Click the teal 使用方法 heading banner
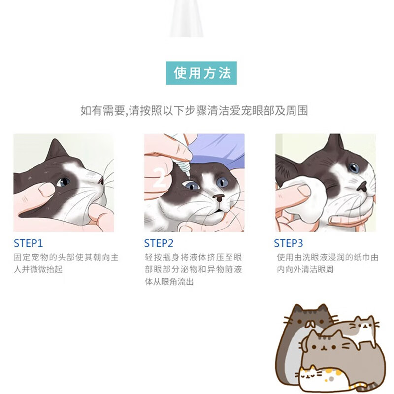click(x=201, y=73)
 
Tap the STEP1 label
click(x=28, y=243)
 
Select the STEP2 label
click(x=159, y=243)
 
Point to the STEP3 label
click(x=289, y=243)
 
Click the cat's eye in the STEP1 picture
click(x=63, y=182)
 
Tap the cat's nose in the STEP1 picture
click(x=100, y=180)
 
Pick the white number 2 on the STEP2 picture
click(x=160, y=178)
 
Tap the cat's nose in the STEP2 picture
click(x=218, y=198)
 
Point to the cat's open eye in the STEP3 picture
click(x=354, y=167)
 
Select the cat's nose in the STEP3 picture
click(x=362, y=187)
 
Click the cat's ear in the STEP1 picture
click(x=57, y=150)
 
